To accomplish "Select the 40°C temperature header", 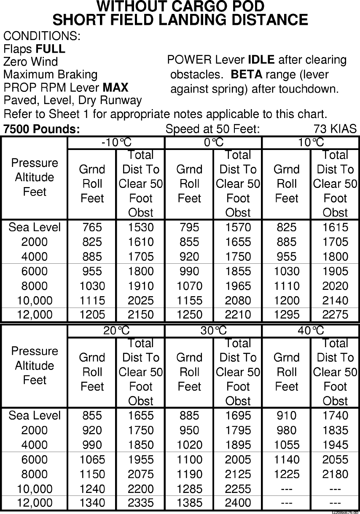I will coord(311,331).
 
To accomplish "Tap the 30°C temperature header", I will coord(213,331).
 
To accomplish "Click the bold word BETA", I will coord(247,75).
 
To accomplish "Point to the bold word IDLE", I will coord(261,60).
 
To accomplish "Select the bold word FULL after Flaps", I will coord(51,49).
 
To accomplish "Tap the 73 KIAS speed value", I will coord(335,129).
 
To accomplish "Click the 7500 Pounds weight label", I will coord(41,129).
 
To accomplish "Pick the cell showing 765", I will coord(92,228).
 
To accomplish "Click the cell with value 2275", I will coord(335,315).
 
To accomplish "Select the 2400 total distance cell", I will coord(238,503).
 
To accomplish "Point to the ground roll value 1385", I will coord(190,503).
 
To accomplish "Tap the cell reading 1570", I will coord(238,228).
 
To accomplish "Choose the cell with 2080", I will coord(238,300).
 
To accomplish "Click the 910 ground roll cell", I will coord(287,416).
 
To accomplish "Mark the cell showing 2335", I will coord(141,503).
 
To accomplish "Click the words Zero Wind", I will coord(30,62).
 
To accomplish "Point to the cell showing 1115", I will coord(92,300).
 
